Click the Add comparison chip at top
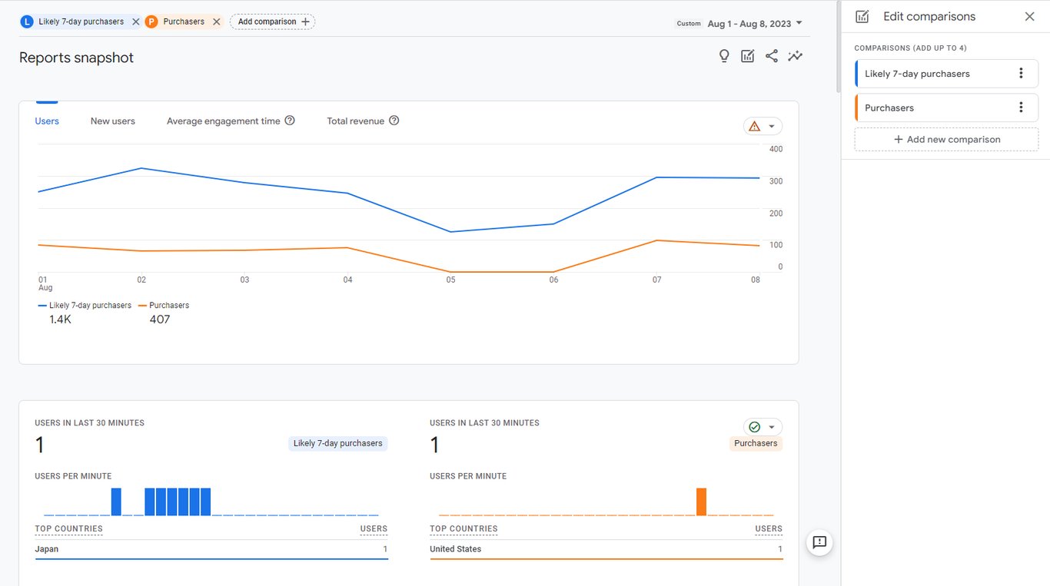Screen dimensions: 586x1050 click(x=273, y=22)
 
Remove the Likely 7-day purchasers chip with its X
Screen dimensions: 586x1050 click(x=136, y=22)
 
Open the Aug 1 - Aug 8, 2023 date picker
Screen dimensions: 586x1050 click(x=754, y=24)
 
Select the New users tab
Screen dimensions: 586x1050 click(x=113, y=121)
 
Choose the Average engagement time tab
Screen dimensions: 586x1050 click(x=223, y=121)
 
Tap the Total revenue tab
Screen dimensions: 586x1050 click(x=355, y=121)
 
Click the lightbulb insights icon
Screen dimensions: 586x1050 click(x=724, y=56)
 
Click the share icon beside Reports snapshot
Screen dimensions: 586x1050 click(x=772, y=56)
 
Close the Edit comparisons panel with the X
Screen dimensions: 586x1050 click(x=1029, y=16)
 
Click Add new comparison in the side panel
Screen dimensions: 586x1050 click(x=946, y=139)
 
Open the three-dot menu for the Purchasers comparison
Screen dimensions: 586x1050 click(x=1021, y=108)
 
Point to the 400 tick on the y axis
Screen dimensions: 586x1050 click(x=776, y=149)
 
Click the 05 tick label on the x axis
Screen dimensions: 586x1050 click(x=450, y=280)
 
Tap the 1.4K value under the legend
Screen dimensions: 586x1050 click(x=60, y=319)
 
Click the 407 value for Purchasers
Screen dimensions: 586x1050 click(x=160, y=319)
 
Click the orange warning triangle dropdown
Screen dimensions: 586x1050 click(x=763, y=126)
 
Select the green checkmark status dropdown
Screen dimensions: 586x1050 click(x=763, y=427)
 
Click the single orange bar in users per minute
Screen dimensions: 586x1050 click(x=701, y=502)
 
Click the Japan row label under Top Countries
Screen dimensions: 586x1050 click(x=47, y=549)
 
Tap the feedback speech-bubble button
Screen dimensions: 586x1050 click(x=819, y=542)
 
